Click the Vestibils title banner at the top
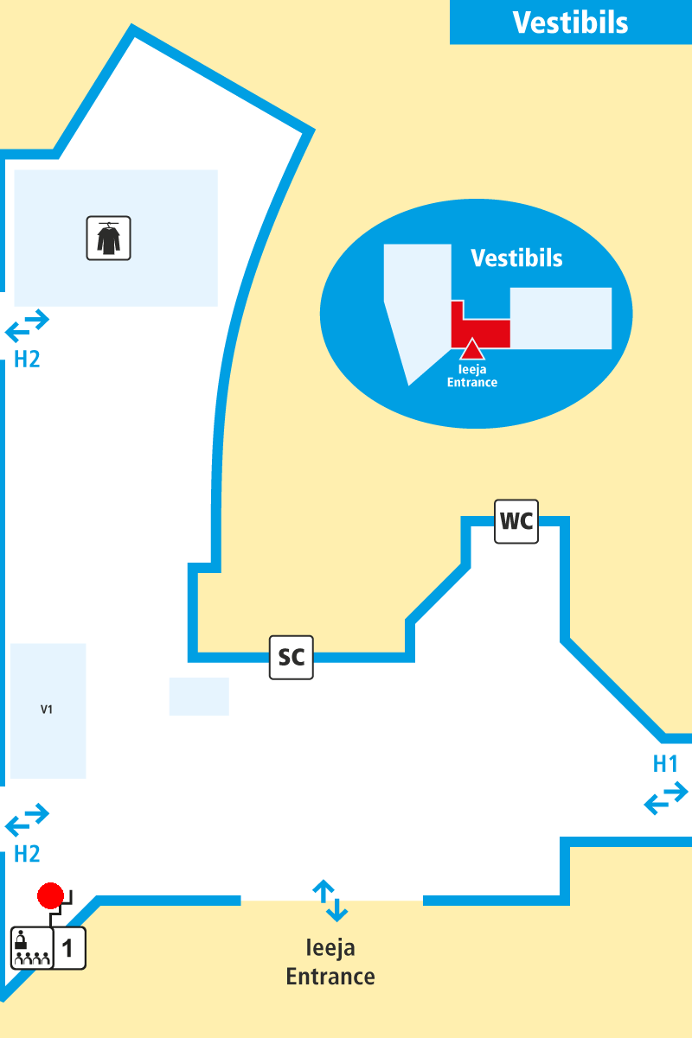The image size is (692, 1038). click(570, 22)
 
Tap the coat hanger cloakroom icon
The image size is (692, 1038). click(108, 239)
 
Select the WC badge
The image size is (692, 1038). click(516, 521)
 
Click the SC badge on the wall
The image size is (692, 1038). click(292, 657)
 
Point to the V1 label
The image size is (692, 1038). click(47, 710)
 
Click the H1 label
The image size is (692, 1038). click(665, 764)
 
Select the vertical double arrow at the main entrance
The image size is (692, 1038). click(330, 901)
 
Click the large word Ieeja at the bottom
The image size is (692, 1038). click(330, 948)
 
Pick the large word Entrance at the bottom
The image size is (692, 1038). click(330, 977)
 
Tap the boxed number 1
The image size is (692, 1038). click(69, 948)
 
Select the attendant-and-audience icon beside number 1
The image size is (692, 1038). click(31, 948)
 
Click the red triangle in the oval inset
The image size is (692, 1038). click(471, 349)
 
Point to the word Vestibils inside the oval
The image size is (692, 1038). click(516, 258)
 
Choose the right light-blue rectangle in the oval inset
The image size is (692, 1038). click(561, 318)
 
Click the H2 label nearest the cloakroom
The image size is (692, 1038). click(27, 359)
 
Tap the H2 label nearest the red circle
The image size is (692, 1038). click(27, 854)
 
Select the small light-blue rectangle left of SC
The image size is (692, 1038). click(199, 697)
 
